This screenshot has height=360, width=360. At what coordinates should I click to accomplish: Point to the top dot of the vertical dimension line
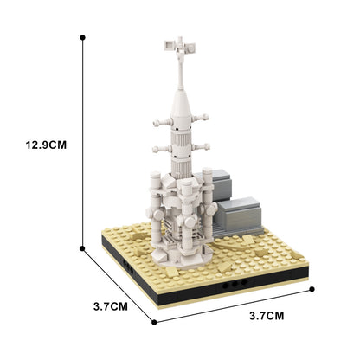[82, 38]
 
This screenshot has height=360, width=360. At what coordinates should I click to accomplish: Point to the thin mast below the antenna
[179, 73]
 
